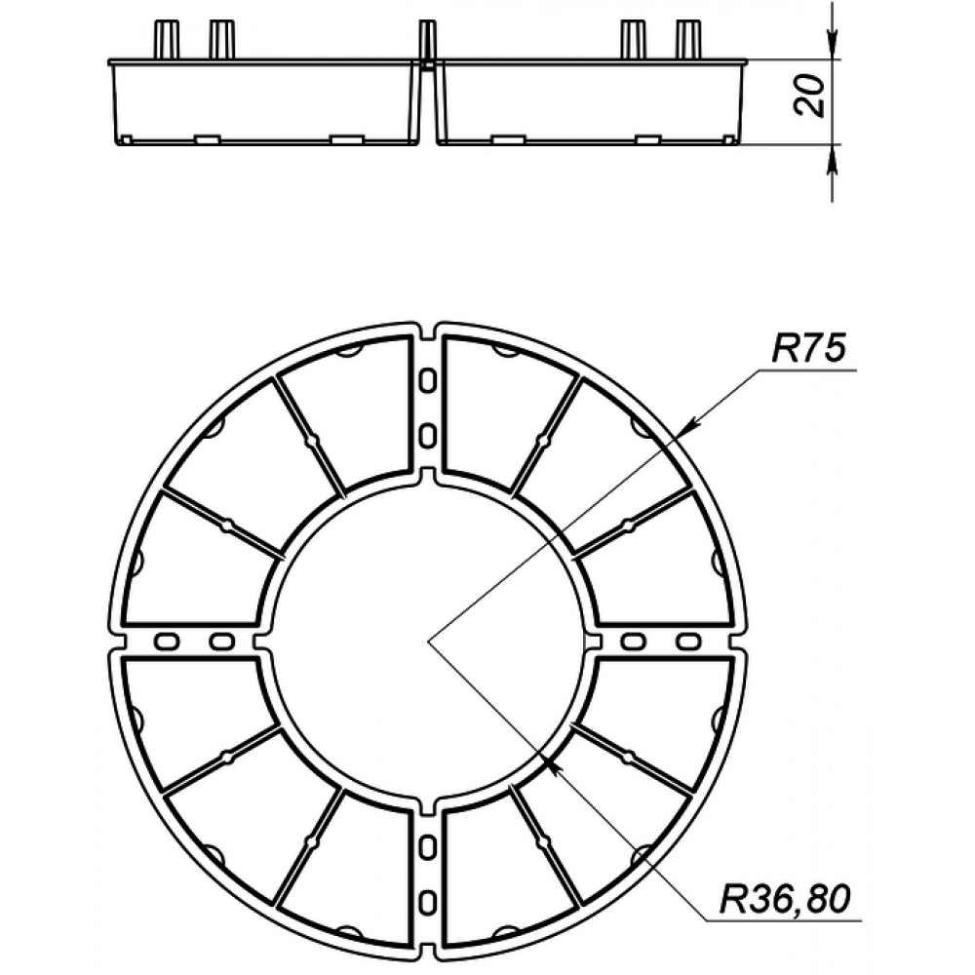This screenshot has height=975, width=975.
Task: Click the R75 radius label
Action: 808,348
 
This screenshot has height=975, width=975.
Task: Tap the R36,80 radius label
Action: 785,898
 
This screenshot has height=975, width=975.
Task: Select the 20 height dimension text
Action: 809,96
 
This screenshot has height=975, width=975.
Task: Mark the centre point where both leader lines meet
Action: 428,641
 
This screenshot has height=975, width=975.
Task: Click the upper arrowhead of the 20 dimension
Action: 832,46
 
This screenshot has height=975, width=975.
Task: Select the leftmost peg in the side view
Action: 166,40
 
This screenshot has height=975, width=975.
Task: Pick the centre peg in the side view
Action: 427,41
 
